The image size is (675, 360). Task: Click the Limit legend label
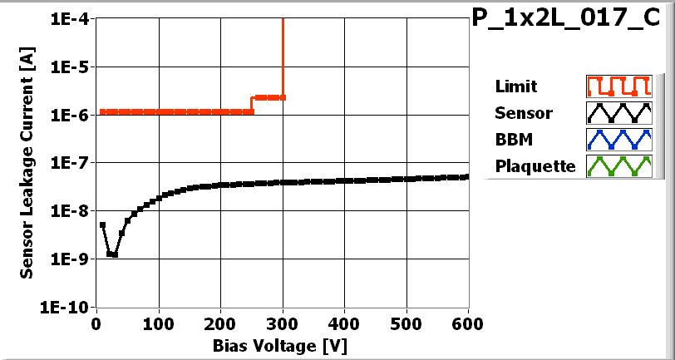(515, 86)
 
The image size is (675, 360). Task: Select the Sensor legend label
(523, 113)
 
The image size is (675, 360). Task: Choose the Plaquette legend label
(535, 166)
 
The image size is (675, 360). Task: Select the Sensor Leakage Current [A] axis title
(27, 162)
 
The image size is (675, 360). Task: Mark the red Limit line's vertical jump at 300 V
(283, 58)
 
